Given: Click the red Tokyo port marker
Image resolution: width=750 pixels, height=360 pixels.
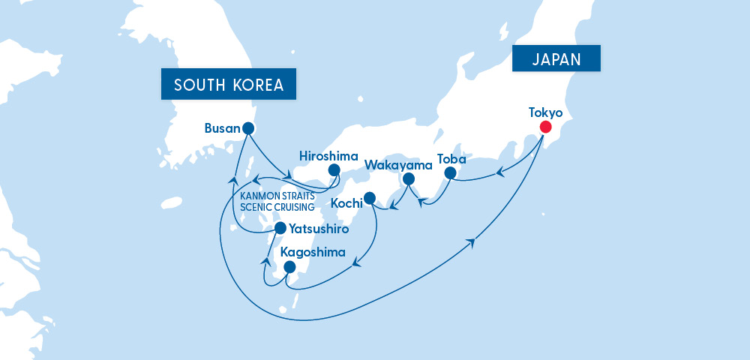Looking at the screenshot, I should point(545,128).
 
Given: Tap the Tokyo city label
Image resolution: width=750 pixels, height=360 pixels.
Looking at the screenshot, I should point(545,112).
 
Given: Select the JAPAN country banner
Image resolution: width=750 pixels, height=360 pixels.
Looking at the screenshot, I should point(557,58).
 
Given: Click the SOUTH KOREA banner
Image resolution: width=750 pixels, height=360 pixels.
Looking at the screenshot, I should point(229,85).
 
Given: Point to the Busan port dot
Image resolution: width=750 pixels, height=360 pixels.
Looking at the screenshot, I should point(248,128).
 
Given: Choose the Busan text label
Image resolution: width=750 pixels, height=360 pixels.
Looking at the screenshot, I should point(221,128).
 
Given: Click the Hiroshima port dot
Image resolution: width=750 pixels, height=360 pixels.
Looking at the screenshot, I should point(334,170).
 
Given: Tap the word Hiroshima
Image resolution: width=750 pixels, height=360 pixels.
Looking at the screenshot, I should point(328,155).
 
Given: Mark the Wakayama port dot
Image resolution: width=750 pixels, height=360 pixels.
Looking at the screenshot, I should point(409,179).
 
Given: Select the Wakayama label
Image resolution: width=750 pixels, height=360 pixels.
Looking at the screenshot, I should point(398,164).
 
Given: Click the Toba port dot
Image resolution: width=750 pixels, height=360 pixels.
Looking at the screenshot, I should point(451,173).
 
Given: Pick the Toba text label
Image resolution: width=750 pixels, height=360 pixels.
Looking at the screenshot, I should point(452,160).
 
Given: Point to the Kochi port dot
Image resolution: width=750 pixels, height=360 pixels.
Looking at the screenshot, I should point(369,199).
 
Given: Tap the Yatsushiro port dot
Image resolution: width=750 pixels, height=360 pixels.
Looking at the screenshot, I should point(280,227).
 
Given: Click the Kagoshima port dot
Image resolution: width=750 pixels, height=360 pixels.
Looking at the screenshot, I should point(289,267).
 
